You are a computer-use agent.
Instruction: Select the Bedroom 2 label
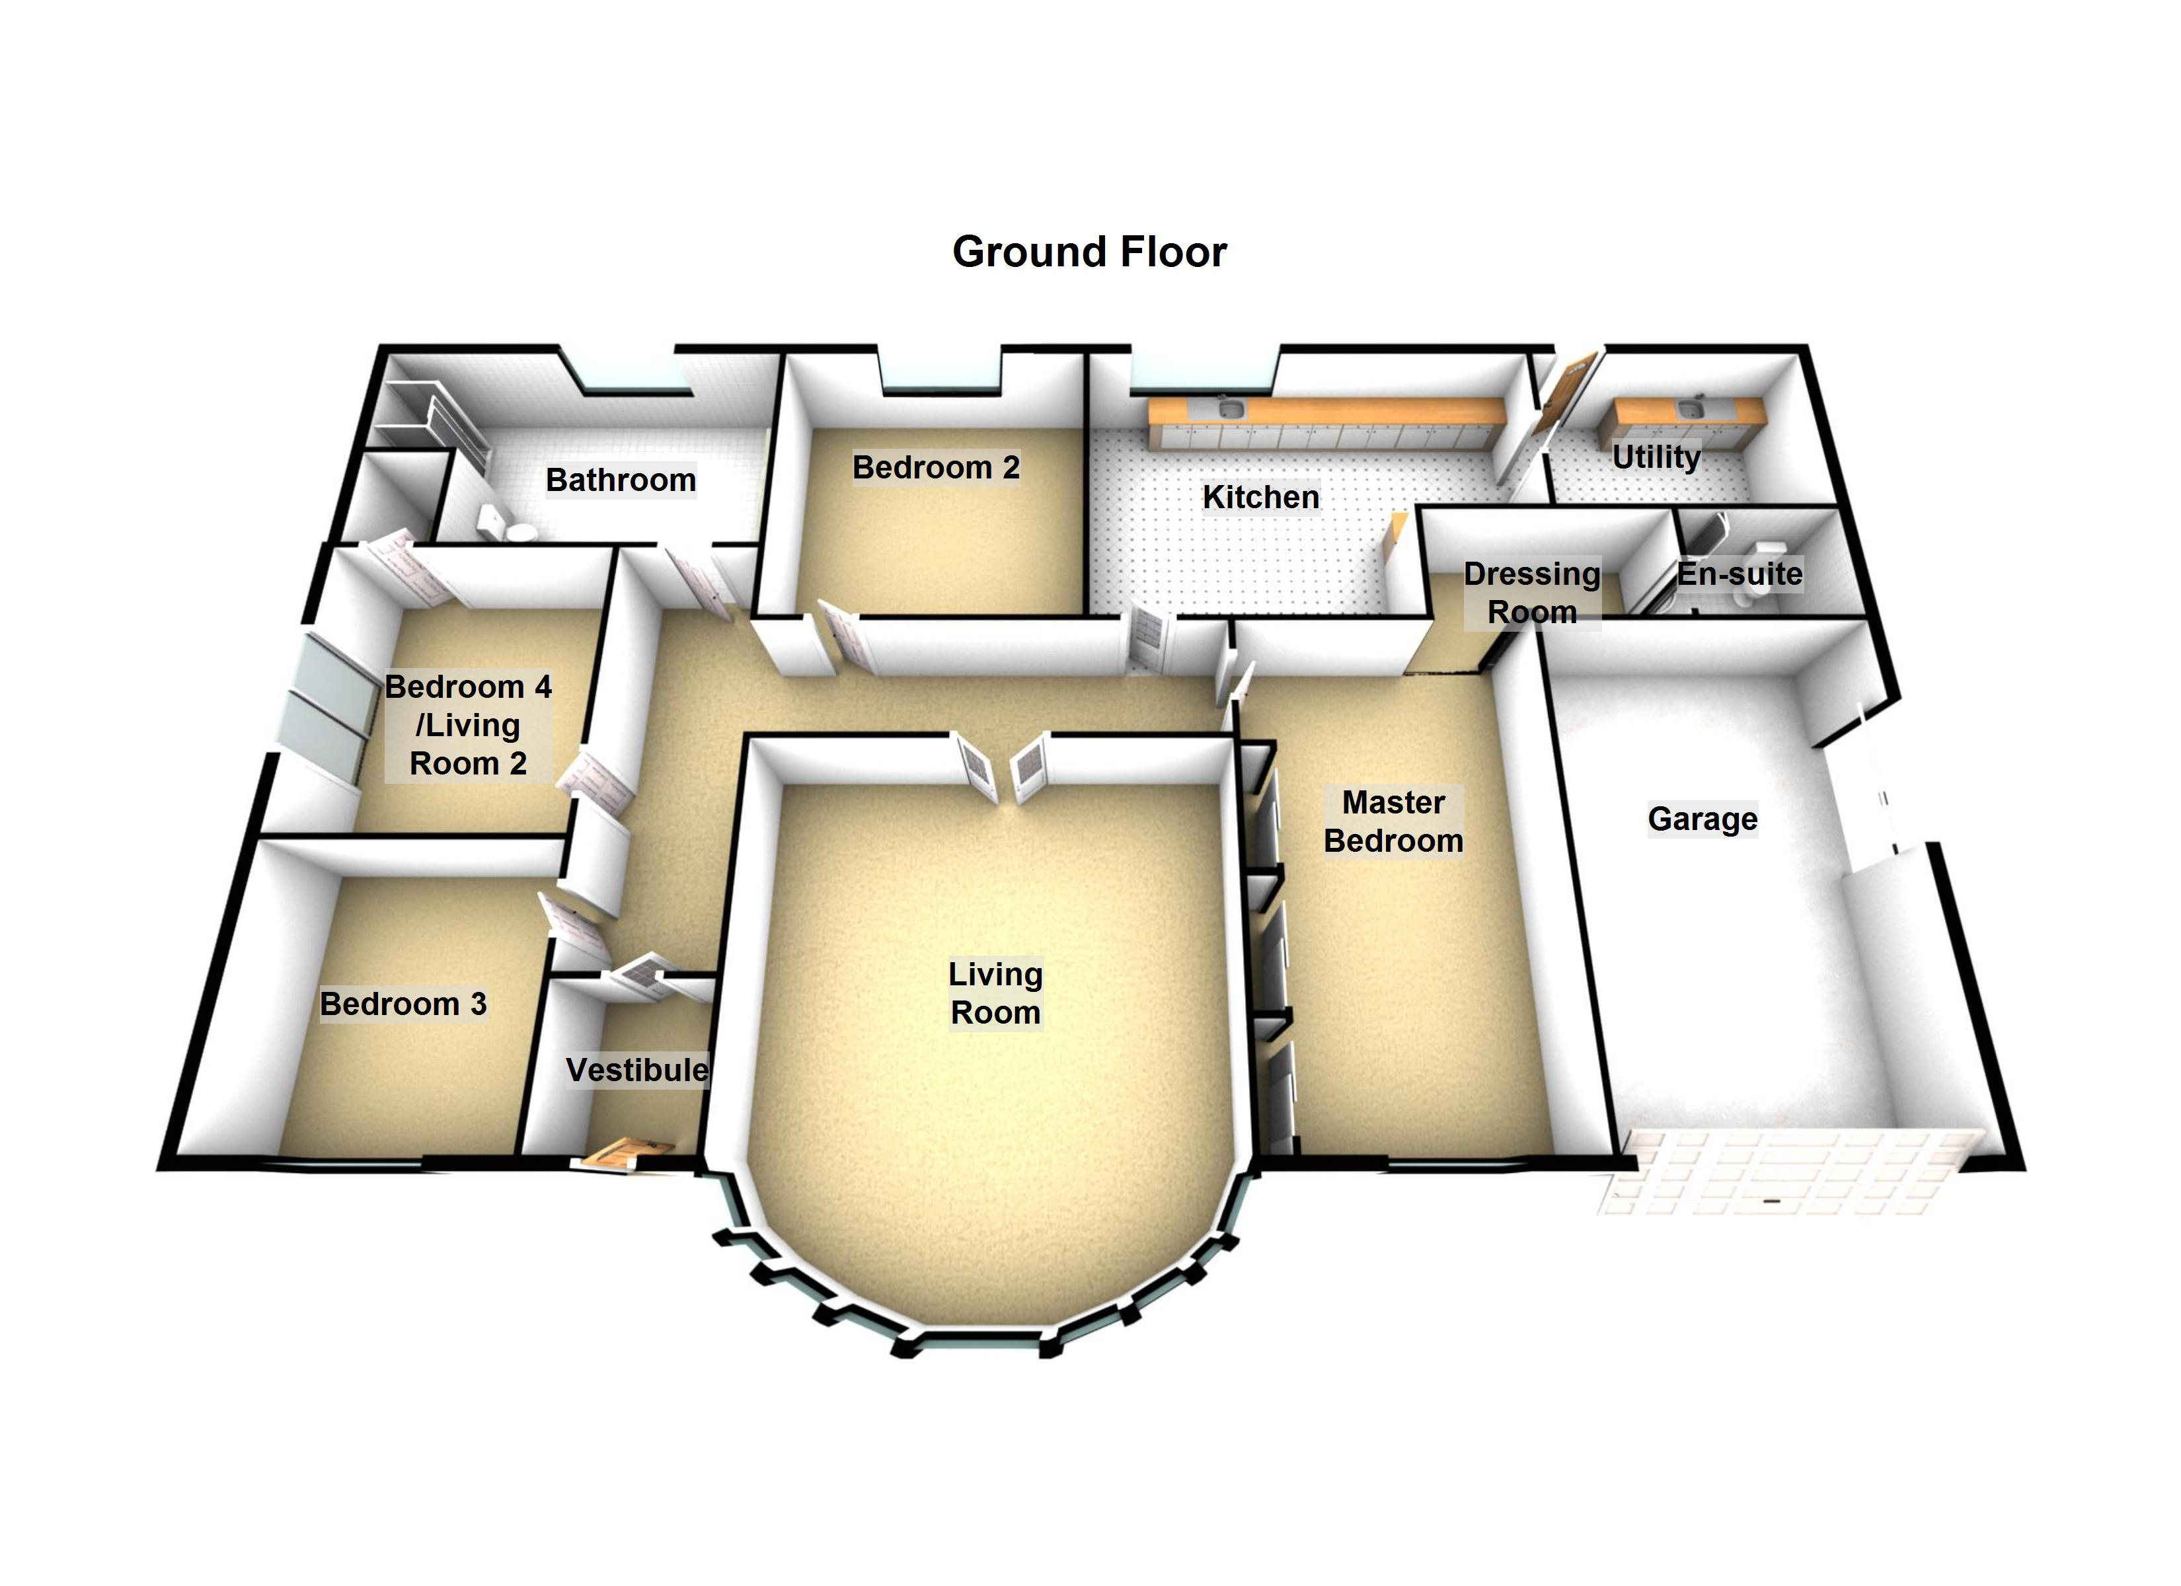pyautogui.click(x=936, y=467)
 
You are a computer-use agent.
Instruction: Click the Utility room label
pyautogui.click(x=1656, y=456)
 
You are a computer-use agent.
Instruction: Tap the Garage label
pyautogui.click(x=1702, y=819)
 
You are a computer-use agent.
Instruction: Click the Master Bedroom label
pyautogui.click(x=1393, y=821)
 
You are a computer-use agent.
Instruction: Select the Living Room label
pyautogui.click(x=995, y=993)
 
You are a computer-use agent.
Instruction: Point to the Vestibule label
pyautogui.click(x=636, y=1069)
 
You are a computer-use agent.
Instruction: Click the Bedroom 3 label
pyautogui.click(x=403, y=1003)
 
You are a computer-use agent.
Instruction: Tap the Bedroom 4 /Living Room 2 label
pyautogui.click(x=469, y=725)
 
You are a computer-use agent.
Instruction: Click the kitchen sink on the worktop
pyautogui.click(x=1230, y=410)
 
